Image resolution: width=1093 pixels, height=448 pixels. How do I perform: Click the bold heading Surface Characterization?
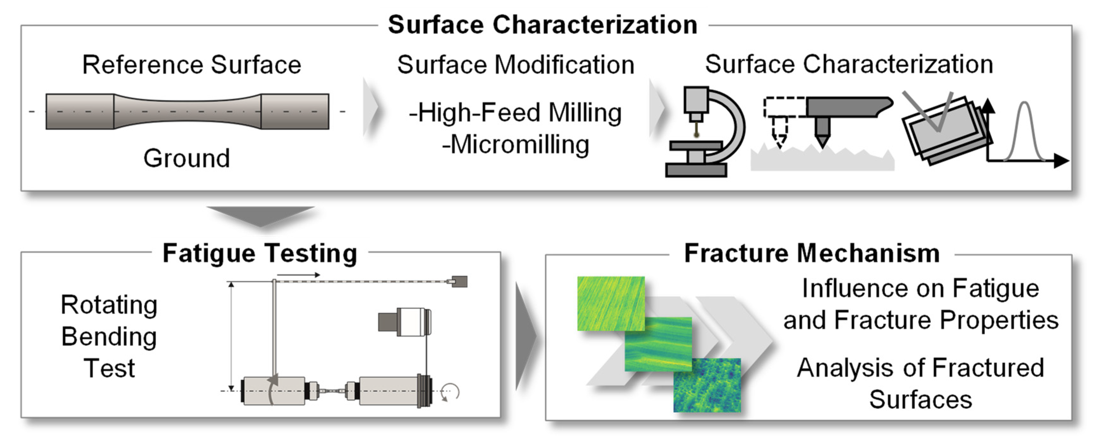[542, 24]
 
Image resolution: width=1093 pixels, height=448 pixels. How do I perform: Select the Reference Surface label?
[191, 65]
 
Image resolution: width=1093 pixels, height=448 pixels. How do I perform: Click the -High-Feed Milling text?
[515, 113]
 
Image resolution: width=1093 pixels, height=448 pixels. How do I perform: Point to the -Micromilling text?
[515, 145]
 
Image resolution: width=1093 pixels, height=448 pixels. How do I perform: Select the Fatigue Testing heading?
[260, 254]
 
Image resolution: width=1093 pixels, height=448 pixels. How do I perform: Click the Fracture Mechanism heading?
[812, 254]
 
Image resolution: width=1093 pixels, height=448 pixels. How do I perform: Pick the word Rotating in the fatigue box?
[109, 304]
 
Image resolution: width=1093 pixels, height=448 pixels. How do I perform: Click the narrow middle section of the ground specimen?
[187, 112]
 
